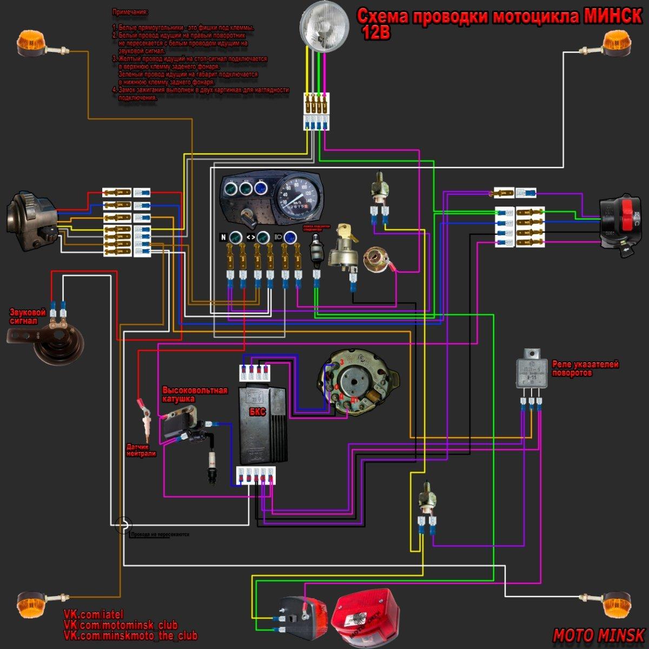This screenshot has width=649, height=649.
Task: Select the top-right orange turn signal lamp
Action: [617, 43]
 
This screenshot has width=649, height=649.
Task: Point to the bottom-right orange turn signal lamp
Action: [616, 604]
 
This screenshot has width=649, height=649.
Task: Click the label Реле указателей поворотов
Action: [585, 368]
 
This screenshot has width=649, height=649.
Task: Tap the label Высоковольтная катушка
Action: [195, 394]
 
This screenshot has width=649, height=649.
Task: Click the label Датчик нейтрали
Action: [141, 450]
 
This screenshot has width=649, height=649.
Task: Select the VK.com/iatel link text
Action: [94, 614]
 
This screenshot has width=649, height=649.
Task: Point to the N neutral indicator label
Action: [223, 237]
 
